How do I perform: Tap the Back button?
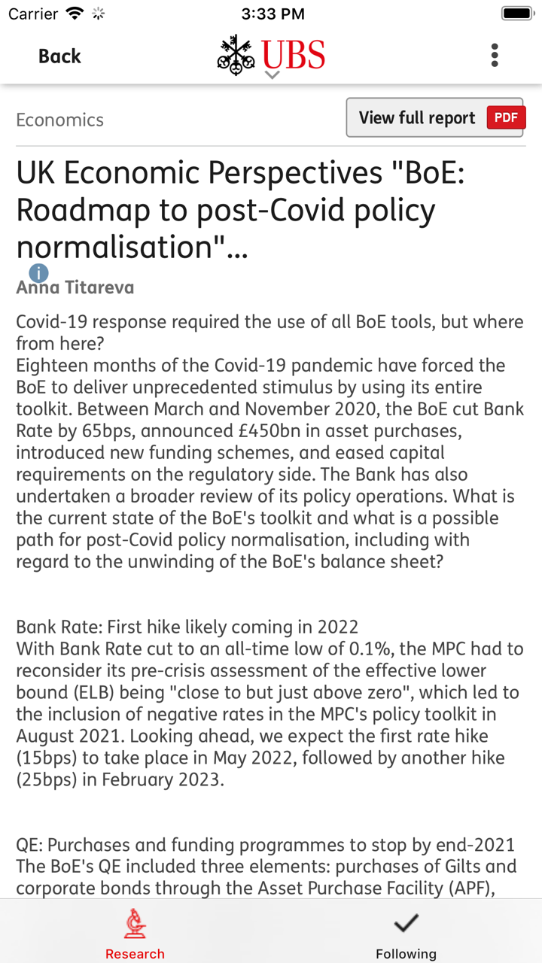[x=59, y=56]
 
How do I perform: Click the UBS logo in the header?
[x=272, y=55]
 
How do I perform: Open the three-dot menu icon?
[x=495, y=55]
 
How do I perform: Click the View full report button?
[x=417, y=118]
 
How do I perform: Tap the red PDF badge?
[x=506, y=118]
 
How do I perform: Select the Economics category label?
[x=59, y=120]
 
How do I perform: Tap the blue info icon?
[x=38, y=273]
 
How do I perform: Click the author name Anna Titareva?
[x=75, y=287]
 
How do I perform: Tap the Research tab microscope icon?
[x=135, y=924]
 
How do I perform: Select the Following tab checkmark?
[x=406, y=923]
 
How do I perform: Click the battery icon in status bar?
[x=518, y=14]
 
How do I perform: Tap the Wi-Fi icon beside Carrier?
[x=75, y=14]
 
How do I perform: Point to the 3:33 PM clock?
[x=273, y=14]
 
